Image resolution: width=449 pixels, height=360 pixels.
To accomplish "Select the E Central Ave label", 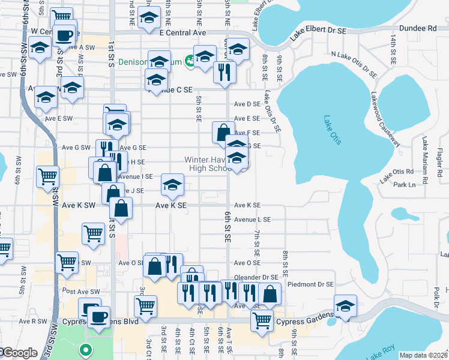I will (x=182, y=32).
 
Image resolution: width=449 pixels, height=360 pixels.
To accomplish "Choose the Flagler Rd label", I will (x=439, y=157).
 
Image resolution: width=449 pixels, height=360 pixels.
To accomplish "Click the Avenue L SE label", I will (x=252, y=220).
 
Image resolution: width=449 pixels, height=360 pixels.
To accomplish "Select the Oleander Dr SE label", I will (x=257, y=277).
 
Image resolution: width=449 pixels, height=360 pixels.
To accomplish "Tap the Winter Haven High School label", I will (x=208, y=164).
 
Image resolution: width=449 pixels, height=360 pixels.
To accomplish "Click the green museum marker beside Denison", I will (x=190, y=60).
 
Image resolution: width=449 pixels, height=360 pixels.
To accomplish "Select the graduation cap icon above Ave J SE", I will (x=172, y=185).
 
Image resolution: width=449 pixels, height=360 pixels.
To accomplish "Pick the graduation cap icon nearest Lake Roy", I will (x=345, y=306).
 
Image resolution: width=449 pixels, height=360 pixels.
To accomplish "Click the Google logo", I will (x=19, y=353).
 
